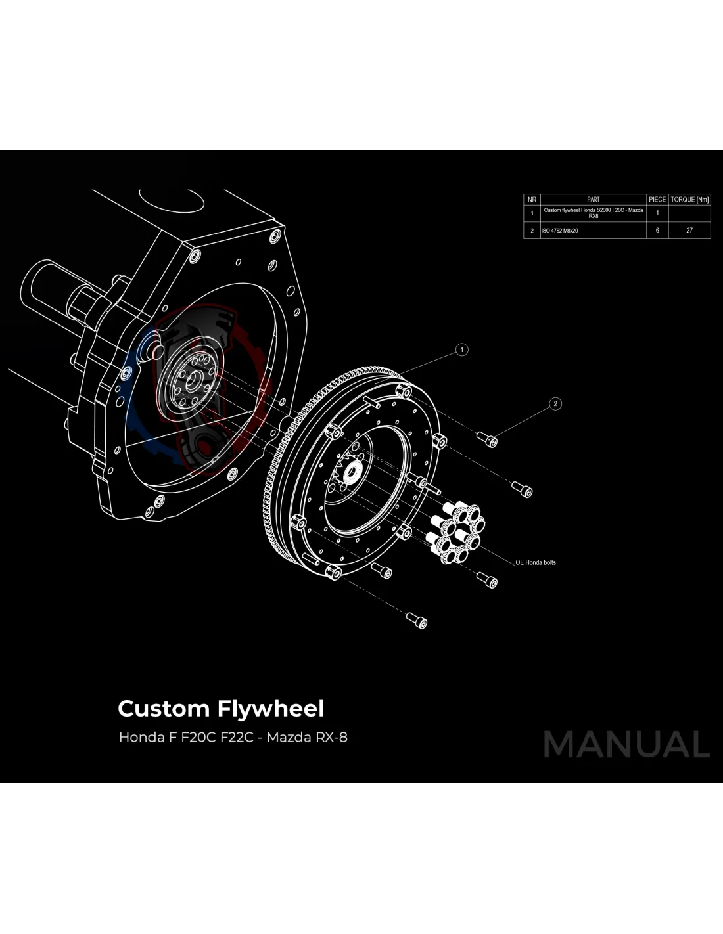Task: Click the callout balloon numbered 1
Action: (x=462, y=349)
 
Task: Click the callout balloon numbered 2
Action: (x=555, y=404)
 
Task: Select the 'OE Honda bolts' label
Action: (x=536, y=562)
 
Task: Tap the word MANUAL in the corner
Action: (x=626, y=745)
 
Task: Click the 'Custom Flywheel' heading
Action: (x=221, y=709)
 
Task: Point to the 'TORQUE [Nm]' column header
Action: (x=689, y=199)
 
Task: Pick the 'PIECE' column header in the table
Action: (x=657, y=199)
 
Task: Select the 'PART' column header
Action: (x=593, y=199)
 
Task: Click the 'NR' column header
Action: (x=532, y=199)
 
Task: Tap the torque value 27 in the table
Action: (x=689, y=230)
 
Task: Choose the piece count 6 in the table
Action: (x=657, y=230)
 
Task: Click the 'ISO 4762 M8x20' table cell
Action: (x=560, y=231)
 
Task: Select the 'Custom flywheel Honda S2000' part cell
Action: (x=593, y=213)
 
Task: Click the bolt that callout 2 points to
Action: (x=488, y=439)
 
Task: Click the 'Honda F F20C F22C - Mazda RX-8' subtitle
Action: (x=233, y=737)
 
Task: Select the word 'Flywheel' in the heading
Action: (x=270, y=709)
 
